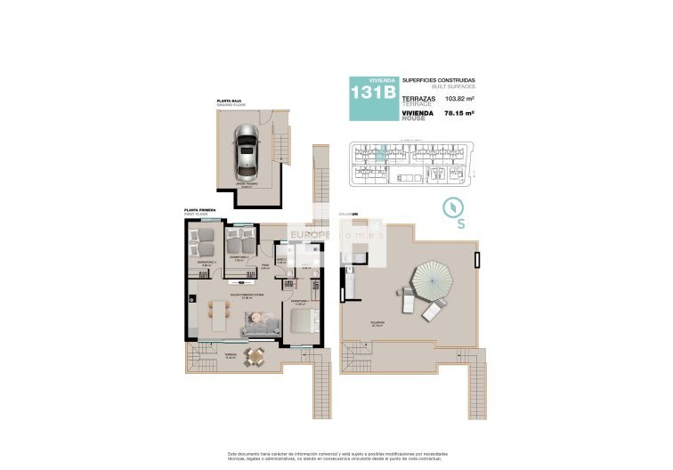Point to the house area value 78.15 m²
pyautogui.click(x=459, y=114)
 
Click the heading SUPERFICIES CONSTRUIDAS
pyautogui.click(x=439, y=80)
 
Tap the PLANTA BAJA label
pyautogui.click(x=231, y=102)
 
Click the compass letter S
pyautogui.click(x=460, y=224)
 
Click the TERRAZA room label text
pyautogui.click(x=206, y=353)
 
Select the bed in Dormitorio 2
pyautogui.click(x=239, y=240)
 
